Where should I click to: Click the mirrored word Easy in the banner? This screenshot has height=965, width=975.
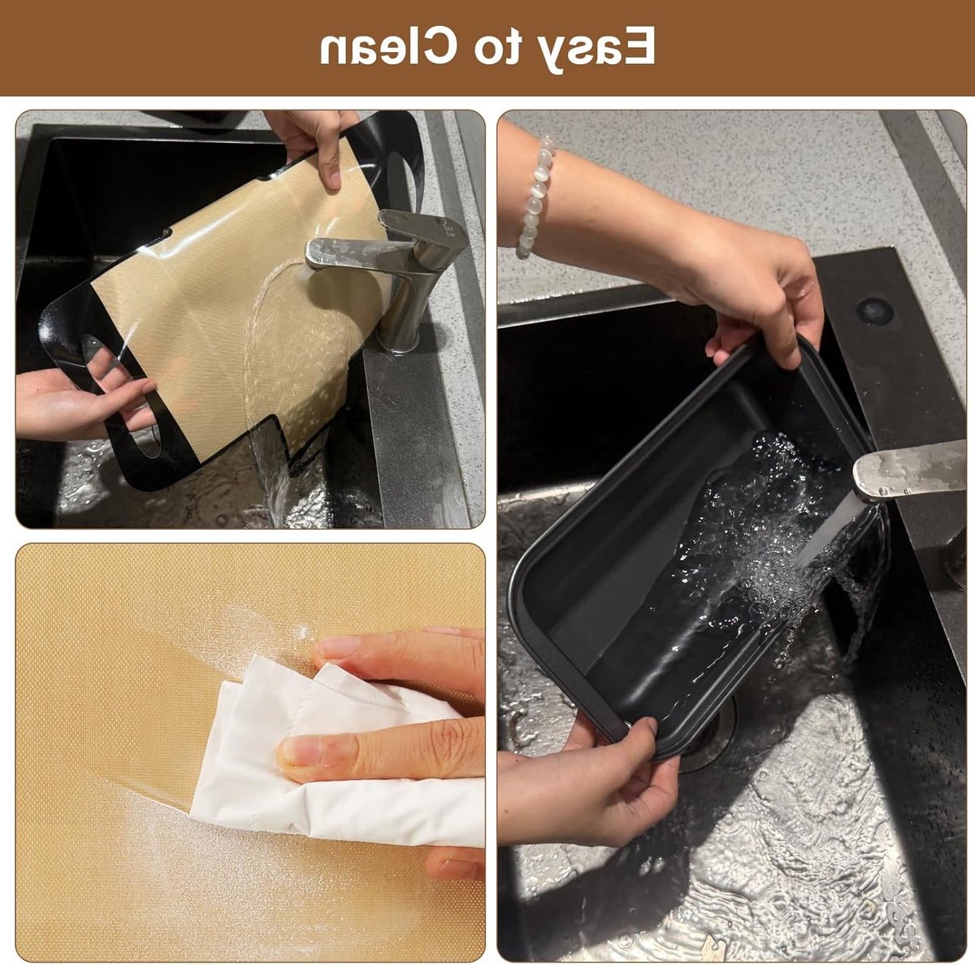(x=591, y=49)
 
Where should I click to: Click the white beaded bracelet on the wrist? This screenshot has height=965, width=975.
(x=535, y=197)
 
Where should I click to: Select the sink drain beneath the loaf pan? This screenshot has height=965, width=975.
(x=708, y=729)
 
